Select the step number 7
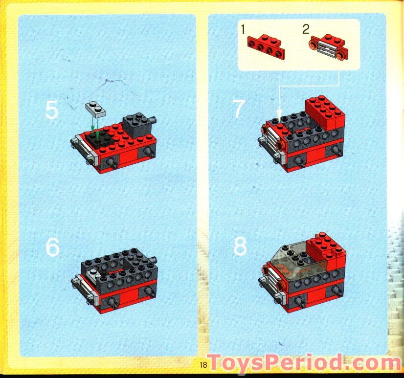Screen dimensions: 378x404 coord(238,110)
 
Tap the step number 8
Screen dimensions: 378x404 coord(240,247)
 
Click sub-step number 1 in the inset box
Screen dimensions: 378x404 coord(243,29)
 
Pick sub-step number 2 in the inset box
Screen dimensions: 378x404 coord(306,29)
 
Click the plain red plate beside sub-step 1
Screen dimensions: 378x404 coord(266,44)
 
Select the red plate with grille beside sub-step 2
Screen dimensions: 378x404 coord(329,44)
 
